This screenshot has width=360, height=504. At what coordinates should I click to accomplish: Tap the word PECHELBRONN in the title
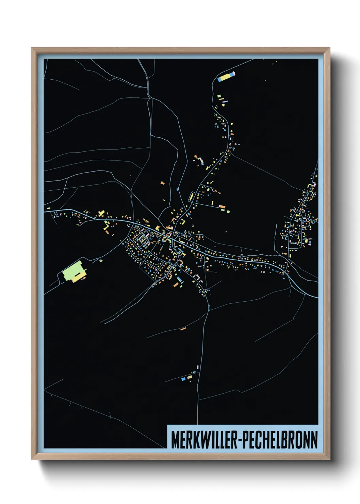point(281,440)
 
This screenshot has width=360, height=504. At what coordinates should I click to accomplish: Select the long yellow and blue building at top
point(226,77)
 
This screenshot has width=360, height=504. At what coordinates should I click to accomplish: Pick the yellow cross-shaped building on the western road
point(101,214)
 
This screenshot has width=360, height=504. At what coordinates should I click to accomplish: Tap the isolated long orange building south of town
point(183,329)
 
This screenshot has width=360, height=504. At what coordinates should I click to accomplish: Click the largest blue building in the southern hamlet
point(183,378)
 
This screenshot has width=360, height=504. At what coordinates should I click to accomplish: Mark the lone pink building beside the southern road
point(197,367)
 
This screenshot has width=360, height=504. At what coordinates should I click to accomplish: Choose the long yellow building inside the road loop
point(192,197)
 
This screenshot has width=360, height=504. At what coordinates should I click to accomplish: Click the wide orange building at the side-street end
point(222,207)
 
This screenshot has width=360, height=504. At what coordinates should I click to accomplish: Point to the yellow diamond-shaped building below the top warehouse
point(223,105)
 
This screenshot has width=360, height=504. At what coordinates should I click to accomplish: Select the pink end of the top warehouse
point(234,73)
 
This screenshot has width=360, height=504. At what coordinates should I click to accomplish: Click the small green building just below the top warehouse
point(219,96)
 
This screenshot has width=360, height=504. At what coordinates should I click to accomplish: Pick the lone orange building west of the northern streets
point(162,183)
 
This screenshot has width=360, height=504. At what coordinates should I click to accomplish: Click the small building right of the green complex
point(101,261)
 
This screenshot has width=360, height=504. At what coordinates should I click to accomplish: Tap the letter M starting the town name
point(175,440)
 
